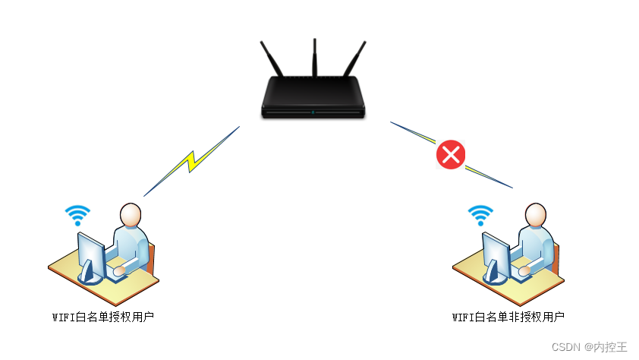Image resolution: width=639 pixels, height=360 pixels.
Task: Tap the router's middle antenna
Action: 314,57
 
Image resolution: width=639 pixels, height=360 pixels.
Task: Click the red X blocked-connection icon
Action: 451,155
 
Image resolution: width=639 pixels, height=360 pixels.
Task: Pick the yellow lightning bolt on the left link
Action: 192,159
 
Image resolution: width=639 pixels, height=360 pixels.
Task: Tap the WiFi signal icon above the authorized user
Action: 77,214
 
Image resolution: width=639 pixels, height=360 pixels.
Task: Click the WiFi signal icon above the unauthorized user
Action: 480,214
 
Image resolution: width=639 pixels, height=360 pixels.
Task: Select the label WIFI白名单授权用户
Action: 103,317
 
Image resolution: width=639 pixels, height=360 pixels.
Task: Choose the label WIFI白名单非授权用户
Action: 508,317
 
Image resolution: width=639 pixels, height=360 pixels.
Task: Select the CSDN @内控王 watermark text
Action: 590,347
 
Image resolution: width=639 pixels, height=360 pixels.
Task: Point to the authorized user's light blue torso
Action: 134,243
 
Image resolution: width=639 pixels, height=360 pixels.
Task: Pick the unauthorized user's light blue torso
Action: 539,243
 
